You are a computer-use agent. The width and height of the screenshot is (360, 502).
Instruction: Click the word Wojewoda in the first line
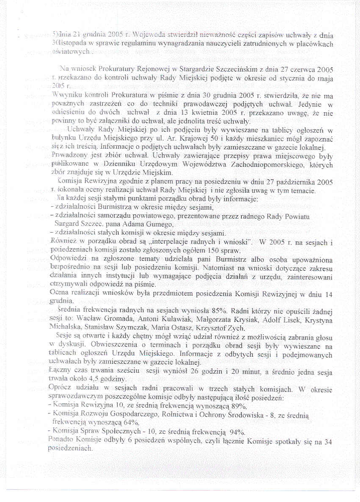tap(141, 35)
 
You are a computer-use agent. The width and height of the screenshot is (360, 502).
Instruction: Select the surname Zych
tap(234, 327)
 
